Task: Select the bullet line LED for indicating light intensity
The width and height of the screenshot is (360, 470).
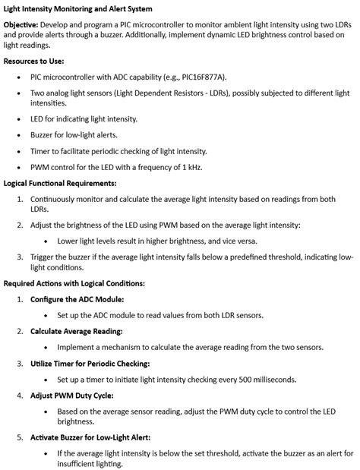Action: coord(84,118)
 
